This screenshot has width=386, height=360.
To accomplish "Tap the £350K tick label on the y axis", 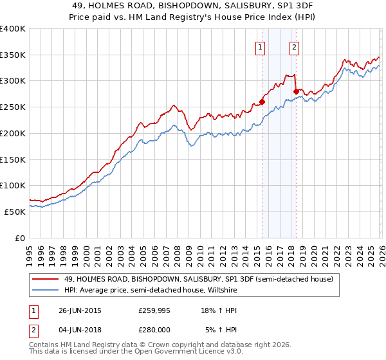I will [x=13, y=55].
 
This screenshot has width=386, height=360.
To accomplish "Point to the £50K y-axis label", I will [x=15, y=212].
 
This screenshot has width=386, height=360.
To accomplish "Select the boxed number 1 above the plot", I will [x=260, y=46].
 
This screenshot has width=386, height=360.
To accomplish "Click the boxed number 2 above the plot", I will [x=294, y=46].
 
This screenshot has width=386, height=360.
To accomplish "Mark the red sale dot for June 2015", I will [x=262, y=102].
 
